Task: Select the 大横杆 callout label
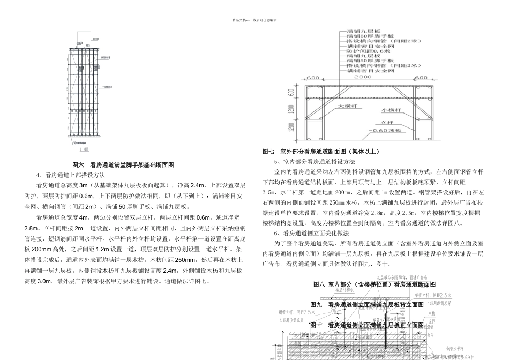point(347,106)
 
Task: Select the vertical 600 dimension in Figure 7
point(291,92)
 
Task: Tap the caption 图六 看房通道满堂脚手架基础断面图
point(123,165)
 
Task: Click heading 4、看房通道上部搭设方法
point(70,175)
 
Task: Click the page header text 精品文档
point(254,20)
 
